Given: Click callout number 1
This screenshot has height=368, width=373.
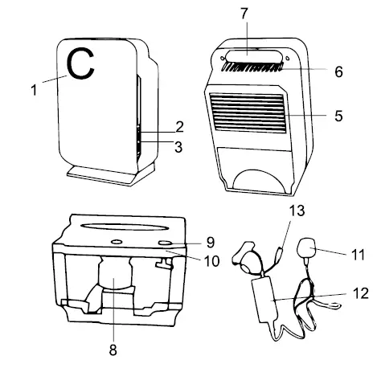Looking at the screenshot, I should coord(34,90).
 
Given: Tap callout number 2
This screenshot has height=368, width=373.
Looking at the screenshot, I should coord(180,128).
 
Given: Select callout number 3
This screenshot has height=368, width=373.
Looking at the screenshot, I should coord(180,147).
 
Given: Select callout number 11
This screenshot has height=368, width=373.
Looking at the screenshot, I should coord(358,256).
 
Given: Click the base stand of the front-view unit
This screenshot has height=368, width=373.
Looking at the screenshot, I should coord(109,171).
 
